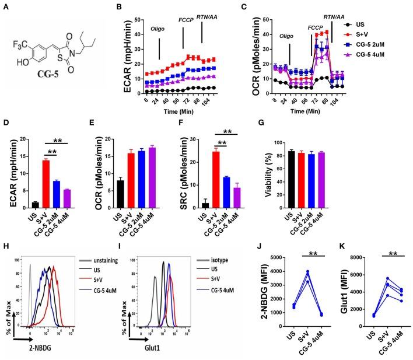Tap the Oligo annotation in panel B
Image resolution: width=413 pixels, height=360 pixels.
pos(159,43)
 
